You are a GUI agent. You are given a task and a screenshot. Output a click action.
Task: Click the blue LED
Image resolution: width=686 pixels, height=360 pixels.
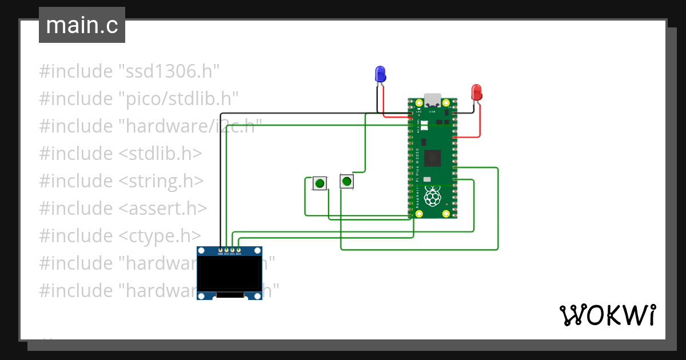tap(380, 74)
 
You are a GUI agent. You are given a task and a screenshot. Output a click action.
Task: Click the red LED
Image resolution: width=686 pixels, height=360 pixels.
tap(476, 92)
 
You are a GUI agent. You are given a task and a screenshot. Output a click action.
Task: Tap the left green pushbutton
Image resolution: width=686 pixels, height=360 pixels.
tap(320, 183)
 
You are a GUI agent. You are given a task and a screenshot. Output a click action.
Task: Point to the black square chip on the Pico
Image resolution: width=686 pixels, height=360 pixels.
tap(433, 157)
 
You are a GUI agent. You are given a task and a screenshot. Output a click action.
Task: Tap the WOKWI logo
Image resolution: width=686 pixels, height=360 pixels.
tap(607, 315)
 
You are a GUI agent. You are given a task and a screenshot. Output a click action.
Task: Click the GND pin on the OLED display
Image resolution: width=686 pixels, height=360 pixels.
tap(221, 250)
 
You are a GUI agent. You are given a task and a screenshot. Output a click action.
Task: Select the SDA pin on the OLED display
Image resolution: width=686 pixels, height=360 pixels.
tap(238, 250)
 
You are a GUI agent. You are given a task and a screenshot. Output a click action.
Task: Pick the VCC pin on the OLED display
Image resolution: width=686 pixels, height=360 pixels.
tap(226, 250)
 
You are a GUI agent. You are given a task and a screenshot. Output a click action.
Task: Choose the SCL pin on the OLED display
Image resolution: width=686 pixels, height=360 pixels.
tap(233, 250)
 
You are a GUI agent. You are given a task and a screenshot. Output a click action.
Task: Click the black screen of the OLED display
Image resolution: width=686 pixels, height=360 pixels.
tap(229, 274)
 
